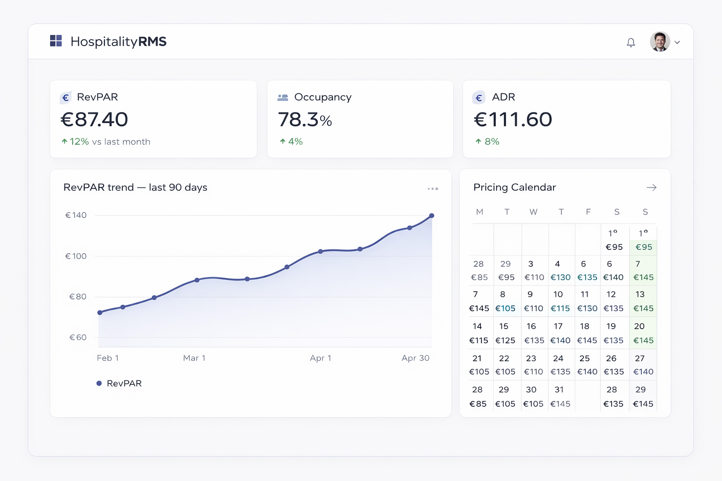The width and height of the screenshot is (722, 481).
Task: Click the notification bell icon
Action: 631,42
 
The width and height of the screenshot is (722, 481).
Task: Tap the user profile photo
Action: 660,42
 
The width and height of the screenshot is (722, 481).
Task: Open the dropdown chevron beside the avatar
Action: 677,42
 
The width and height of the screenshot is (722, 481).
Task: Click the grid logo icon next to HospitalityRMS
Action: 56,41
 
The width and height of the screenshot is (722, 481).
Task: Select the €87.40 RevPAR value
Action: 94,119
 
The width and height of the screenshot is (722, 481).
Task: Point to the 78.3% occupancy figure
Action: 305,120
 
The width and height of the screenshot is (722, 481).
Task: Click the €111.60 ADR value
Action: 513,119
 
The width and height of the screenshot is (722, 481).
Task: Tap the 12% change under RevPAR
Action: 79,141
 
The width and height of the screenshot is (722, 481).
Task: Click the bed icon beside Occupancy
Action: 283,97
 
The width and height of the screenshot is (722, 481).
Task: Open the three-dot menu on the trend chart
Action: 433,189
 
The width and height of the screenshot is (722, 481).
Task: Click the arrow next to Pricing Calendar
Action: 651,187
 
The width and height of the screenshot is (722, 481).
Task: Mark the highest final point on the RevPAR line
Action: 432,216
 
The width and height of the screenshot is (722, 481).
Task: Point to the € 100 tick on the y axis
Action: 76,256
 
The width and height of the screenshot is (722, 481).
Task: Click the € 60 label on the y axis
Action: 78,337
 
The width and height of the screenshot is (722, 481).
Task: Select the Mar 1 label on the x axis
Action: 194,358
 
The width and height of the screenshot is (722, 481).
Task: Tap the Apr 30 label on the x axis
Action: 416,358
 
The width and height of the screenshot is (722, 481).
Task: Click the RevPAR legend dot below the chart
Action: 99,383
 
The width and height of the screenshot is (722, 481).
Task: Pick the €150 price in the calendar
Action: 587,308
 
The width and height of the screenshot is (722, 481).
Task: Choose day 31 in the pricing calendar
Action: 559,389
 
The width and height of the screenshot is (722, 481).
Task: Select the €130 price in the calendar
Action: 560,277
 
